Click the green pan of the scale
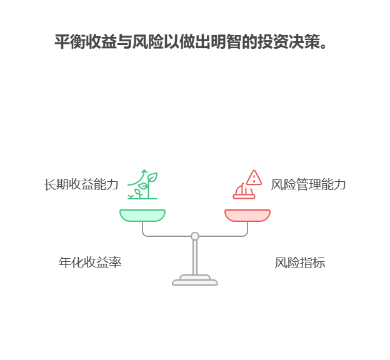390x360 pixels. click(x=142, y=215)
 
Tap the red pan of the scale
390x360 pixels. click(x=247, y=215)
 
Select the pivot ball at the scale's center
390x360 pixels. click(x=195, y=236)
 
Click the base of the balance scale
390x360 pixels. click(x=195, y=281)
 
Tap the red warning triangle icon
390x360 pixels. click(x=254, y=178)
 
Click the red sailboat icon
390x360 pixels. click(x=243, y=191)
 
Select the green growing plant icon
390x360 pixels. click(x=142, y=185)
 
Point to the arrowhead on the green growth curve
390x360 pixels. click(x=144, y=171)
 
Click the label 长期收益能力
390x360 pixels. click(x=81, y=184)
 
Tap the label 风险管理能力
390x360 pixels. click(x=308, y=184)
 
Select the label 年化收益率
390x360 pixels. click(x=90, y=262)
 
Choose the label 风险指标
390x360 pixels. click(x=300, y=262)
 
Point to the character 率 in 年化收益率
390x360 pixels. click(x=115, y=262)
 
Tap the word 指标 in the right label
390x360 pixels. click(x=312, y=262)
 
